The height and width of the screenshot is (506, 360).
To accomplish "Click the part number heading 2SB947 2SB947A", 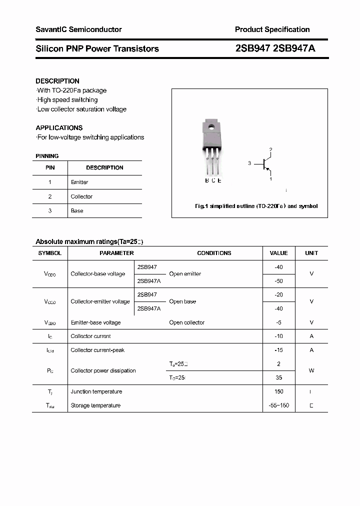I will coord(275,48).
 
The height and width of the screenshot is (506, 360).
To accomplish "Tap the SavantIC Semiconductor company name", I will coord(78,29).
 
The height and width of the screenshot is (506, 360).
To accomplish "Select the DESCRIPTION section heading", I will coord(57,81).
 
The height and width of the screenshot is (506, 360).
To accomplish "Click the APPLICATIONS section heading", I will coord(59,127).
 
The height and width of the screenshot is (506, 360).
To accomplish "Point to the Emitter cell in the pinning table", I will coord(79,182).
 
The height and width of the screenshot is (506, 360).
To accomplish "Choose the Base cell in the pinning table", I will coord(77,211).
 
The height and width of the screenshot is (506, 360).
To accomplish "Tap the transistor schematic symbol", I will coord(266,163).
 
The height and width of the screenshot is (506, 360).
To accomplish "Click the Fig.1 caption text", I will coord(255,206).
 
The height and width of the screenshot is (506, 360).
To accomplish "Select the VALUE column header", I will coord(278,253).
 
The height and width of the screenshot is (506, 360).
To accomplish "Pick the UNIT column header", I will coord(311,253).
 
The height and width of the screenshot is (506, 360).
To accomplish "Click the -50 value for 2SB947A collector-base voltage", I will coord(278,281).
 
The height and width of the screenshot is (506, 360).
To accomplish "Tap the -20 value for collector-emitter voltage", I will coord(278,295).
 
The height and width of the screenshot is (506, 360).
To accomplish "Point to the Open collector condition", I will coord(186,323).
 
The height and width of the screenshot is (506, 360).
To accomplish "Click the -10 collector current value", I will coord(278,336).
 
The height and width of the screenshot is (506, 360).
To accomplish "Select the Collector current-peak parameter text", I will coord(97,350).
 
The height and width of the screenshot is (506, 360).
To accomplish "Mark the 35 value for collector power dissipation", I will coord(278,378).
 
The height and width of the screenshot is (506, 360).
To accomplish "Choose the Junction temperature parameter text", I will coord(96,392).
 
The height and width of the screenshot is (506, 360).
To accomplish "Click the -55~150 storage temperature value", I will coord(278,405).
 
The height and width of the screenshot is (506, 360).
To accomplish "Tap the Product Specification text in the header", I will coord(272,29).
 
